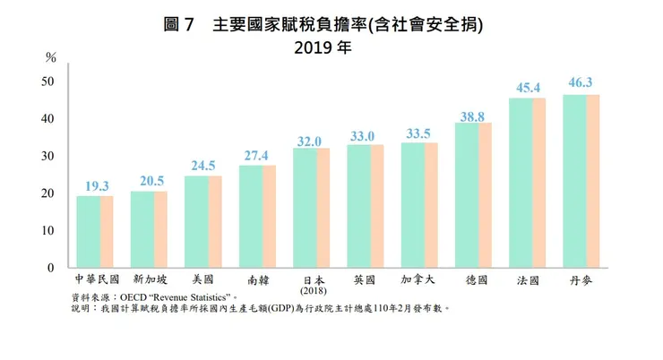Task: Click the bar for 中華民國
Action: [94, 231]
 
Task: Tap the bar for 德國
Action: [472, 195]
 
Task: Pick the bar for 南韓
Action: [257, 216]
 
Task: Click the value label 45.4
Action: [527, 88]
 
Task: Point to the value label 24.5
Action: [203, 166]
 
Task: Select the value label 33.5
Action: [418, 133]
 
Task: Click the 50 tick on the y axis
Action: [49, 81]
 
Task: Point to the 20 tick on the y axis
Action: [49, 193]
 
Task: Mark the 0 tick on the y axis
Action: [52, 268]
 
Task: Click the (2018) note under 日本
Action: [311, 292]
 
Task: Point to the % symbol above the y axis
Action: [50, 57]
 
